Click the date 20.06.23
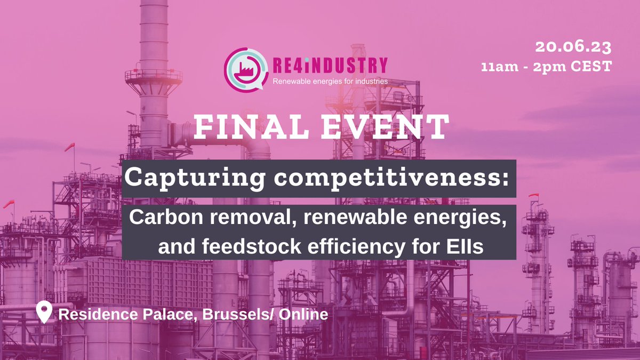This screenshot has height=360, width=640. pyautogui.click(x=573, y=47)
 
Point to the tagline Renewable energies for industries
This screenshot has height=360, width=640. pyautogui.click(x=330, y=82)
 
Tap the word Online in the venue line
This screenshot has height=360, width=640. pyautogui.click(x=301, y=314)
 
